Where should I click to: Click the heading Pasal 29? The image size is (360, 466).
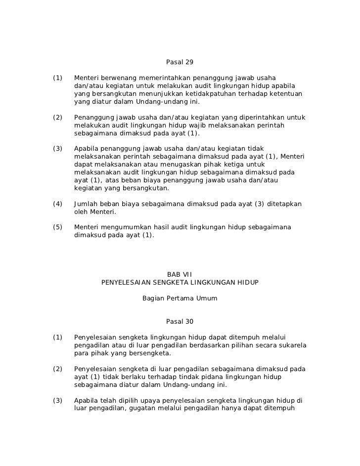coord(180,62)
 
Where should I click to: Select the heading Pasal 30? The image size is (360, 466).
coord(180,322)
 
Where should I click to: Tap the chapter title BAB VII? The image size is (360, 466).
coord(180,274)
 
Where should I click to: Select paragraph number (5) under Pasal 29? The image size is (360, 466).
coord(58,227)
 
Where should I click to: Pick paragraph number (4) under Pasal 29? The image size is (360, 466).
coord(58,204)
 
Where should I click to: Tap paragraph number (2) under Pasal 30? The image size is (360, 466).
coord(58,369)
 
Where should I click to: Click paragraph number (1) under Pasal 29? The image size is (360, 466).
coord(58,78)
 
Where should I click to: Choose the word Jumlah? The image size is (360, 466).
coord(85,204)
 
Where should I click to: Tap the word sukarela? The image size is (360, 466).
coord(291,345)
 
